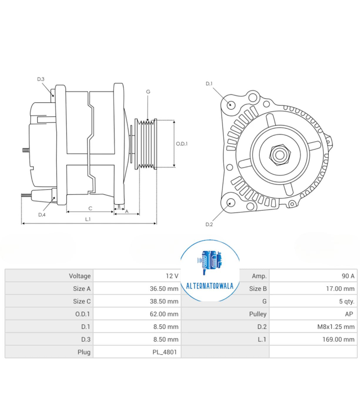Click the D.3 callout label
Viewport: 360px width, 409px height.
tap(41, 79)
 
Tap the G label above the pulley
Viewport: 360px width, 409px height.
tap(148, 92)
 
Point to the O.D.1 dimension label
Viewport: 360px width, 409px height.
tap(182, 144)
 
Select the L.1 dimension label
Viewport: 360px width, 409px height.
tap(88, 219)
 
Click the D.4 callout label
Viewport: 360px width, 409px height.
tap(42, 215)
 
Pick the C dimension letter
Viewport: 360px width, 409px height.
tap(90, 208)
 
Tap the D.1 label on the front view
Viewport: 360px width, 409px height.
tap(209, 84)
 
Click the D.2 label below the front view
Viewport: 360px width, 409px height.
tap(209, 224)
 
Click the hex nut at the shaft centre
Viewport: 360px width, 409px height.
tap(279, 154)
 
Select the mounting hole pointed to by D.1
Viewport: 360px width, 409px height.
tap(231, 105)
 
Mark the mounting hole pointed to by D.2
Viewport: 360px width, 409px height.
tap(231, 202)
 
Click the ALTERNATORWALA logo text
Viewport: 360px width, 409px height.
tap(210, 286)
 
